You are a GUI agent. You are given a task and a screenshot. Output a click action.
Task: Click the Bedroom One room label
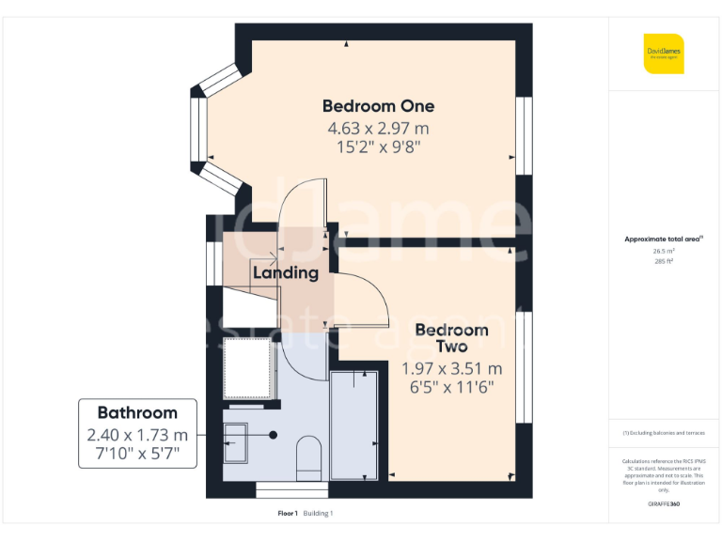point(378,106)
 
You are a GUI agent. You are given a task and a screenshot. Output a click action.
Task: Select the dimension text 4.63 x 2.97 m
point(378,128)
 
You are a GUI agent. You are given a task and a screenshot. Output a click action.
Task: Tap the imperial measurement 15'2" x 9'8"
point(378,147)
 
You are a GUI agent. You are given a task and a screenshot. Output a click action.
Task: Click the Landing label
point(286,273)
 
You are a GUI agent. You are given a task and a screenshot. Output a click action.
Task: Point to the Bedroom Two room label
point(451,338)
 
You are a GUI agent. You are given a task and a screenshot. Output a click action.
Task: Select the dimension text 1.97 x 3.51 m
point(451,368)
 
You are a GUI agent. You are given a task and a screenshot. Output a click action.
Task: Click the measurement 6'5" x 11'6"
point(451,386)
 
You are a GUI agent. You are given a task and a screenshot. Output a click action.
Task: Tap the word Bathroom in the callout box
point(137,413)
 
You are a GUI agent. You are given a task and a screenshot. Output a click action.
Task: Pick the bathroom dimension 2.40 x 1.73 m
point(137,435)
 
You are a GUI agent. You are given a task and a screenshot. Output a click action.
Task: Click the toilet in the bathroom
point(308,458)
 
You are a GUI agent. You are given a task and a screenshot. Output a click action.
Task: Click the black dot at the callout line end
point(273,435)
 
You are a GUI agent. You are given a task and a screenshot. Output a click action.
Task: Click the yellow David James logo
point(664,54)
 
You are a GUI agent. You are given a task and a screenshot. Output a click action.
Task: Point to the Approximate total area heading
point(664,240)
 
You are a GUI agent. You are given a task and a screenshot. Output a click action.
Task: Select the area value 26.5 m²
point(664,251)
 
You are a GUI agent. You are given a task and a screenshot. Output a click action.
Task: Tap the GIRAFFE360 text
point(664,504)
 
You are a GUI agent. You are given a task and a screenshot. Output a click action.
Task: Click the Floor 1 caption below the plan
point(287,513)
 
